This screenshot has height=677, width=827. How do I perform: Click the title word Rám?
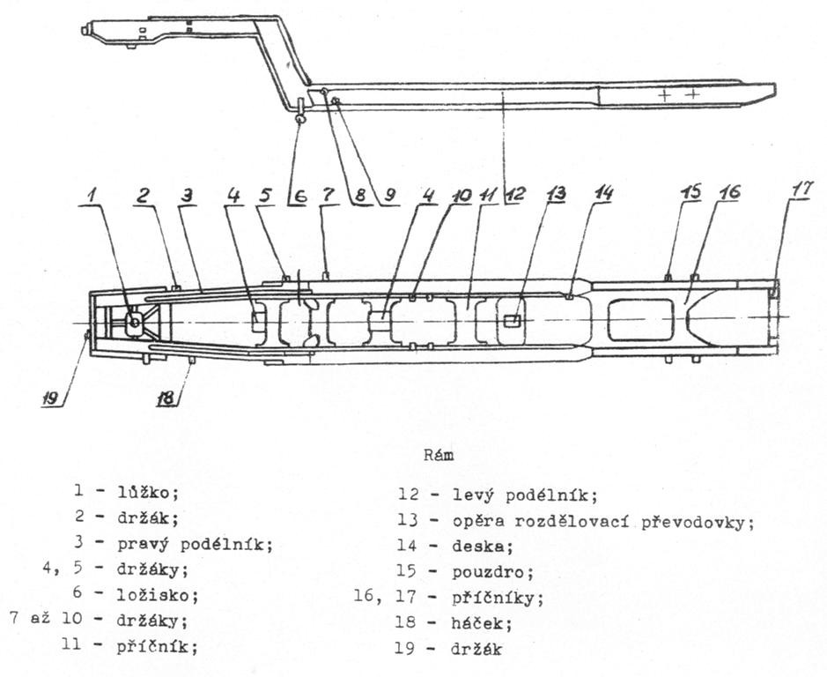pos(439,455)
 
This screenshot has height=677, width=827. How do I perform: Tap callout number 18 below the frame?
pos(165,397)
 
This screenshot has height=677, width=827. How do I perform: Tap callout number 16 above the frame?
pos(728,191)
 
